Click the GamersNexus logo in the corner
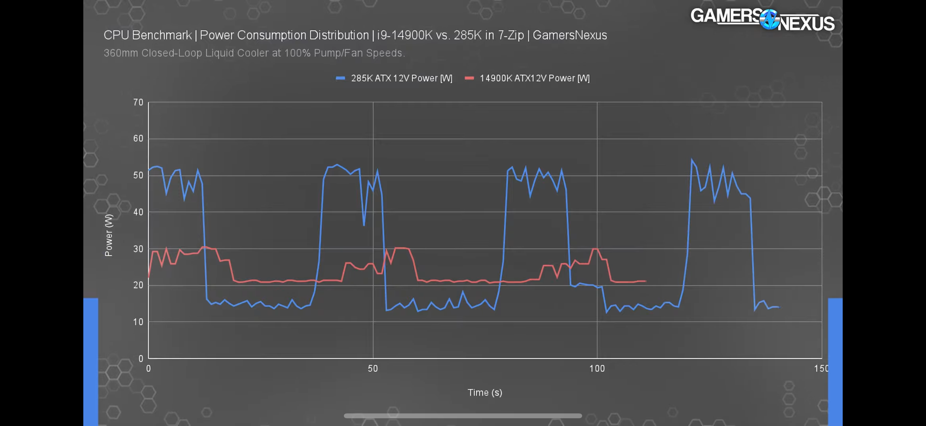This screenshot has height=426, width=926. point(762,20)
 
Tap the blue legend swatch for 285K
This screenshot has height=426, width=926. point(340,78)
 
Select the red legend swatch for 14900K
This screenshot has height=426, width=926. point(469,78)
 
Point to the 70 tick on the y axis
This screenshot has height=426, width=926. point(138,102)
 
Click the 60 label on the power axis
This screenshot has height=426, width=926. point(138,139)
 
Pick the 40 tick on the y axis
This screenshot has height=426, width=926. point(138,212)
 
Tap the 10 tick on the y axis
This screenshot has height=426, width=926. point(138,322)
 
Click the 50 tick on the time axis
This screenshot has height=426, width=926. point(373,369)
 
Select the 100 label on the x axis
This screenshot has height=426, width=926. point(597,369)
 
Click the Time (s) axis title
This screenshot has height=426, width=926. point(485,392)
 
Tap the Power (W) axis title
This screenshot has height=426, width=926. point(108,235)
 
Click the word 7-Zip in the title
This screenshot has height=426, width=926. point(511,35)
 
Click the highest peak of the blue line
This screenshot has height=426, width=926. point(692,159)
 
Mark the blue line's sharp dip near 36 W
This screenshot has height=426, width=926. point(364,225)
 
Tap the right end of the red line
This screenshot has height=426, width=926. point(646,281)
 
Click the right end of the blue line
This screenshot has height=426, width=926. point(779,307)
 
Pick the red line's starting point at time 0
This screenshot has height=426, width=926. point(149,277)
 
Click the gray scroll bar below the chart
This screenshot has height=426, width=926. point(463,416)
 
